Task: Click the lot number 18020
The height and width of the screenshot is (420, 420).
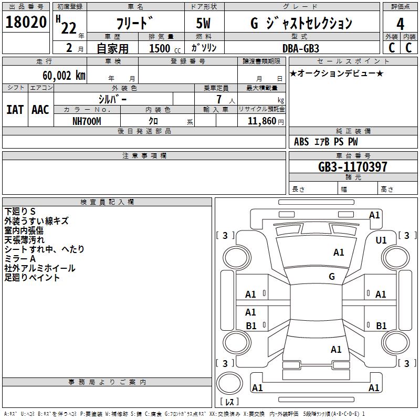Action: [x=26, y=23]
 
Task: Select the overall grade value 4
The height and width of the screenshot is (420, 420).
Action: [x=400, y=24]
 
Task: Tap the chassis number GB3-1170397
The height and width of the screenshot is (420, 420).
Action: [x=353, y=167]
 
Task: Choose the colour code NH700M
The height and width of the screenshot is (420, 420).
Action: [x=87, y=121]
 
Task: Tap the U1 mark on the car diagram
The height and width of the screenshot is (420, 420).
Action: [x=381, y=240]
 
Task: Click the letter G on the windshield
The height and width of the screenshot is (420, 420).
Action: [x=332, y=276]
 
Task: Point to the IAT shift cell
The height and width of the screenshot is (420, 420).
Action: [x=15, y=110]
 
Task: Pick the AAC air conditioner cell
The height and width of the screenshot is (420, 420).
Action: [x=40, y=110]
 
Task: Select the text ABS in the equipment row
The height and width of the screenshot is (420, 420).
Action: [x=301, y=142]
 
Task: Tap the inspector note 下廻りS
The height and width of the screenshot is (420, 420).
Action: [x=20, y=212]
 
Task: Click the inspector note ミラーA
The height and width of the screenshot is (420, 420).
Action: [x=20, y=259]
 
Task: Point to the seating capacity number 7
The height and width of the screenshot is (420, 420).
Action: [x=218, y=99]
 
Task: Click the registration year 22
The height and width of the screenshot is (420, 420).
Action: [x=68, y=28]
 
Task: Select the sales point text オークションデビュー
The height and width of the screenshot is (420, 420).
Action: [x=337, y=73]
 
